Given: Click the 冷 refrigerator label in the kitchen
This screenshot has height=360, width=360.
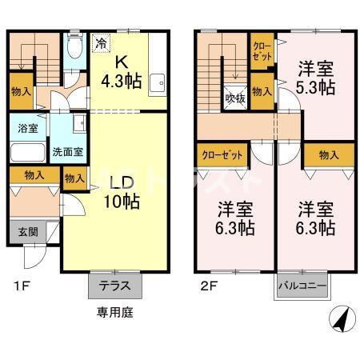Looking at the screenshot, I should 102,44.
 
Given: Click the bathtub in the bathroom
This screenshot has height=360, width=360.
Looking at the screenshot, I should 27,152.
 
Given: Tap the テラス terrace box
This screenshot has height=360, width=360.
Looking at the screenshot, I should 114,285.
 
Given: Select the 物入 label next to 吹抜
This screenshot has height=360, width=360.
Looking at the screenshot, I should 262,91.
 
